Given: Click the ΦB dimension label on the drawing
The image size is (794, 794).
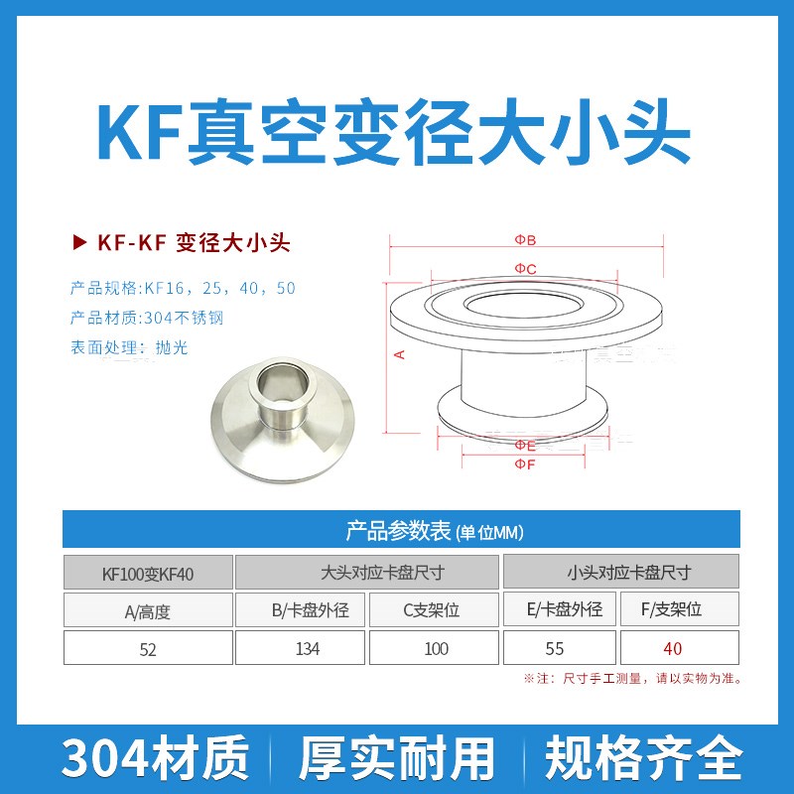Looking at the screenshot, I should coord(525,240).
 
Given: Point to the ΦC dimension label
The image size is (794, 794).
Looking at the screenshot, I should coord(525,269).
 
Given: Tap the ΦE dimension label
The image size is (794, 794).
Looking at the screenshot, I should coord(525,446).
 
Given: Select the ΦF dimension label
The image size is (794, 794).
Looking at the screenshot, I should coord(525,464).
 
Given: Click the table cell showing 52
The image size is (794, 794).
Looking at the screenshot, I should coord(149,649).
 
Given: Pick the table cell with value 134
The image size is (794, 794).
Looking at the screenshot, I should coord(301,649).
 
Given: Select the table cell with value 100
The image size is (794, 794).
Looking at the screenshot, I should coord(436,649).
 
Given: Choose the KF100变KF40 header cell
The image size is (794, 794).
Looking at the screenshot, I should coord(148,573).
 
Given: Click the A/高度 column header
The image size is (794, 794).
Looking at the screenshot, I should coord(148,611).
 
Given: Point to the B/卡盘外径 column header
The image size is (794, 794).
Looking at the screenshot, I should coord(301,610).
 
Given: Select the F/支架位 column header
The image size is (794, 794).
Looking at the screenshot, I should coord(680,610).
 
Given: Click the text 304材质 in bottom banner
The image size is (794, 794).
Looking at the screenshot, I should coord(155,759).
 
